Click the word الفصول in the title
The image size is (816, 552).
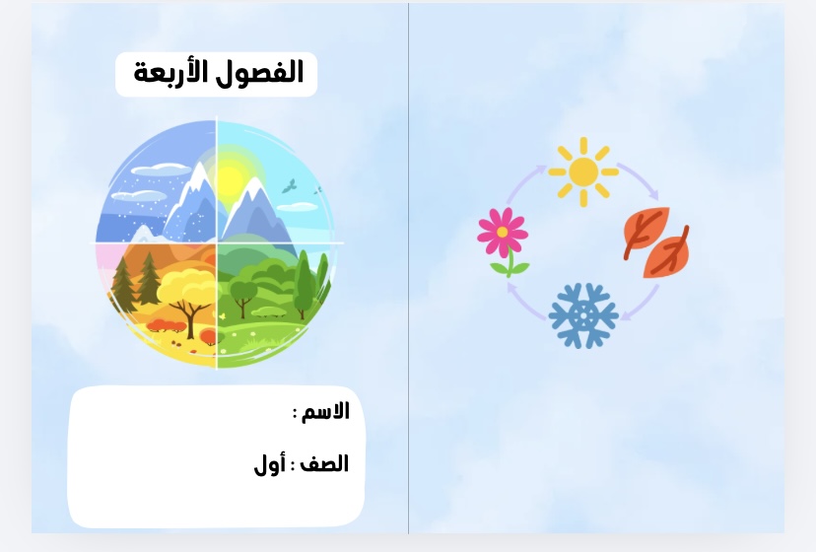click(x=272, y=73)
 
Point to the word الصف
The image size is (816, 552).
click(x=325, y=463)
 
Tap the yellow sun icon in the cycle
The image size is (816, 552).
click(x=583, y=172)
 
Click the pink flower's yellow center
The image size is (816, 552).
click(x=503, y=232)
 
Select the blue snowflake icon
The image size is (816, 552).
click(x=583, y=315)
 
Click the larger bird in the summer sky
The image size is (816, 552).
click(x=289, y=184)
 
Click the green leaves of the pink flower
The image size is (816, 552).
click(x=504, y=266)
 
